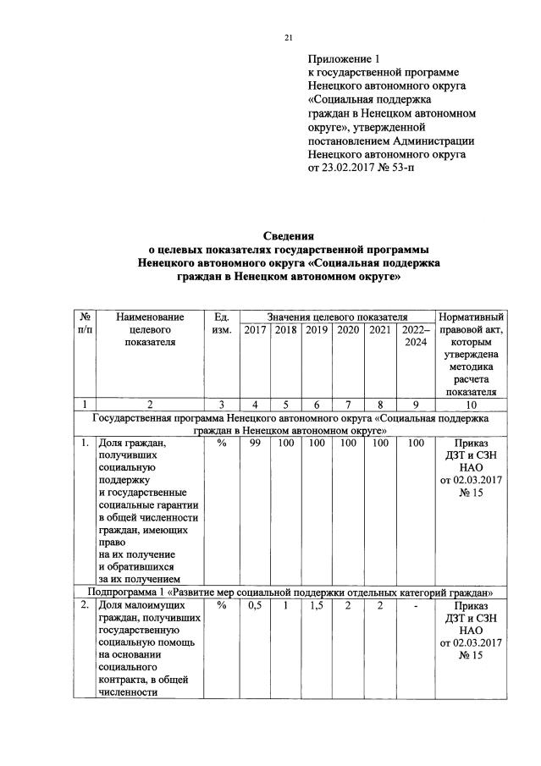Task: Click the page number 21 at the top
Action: click(x=287, y=37)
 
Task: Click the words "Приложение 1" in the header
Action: click(x=345, y=59)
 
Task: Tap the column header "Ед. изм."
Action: click(x=222, y=323)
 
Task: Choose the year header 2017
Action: click(x=255, y=329)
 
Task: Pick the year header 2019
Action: click(x=317, y=329)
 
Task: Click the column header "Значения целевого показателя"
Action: click(x=338, y=315)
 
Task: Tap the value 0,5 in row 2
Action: click(x=255, y=606)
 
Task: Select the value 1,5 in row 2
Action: click(x=317, y=606)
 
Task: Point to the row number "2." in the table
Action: click(x=85, y=606)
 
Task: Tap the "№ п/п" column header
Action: click(x=85, y=322)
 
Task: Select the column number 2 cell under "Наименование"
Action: click(x=149, y=404)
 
